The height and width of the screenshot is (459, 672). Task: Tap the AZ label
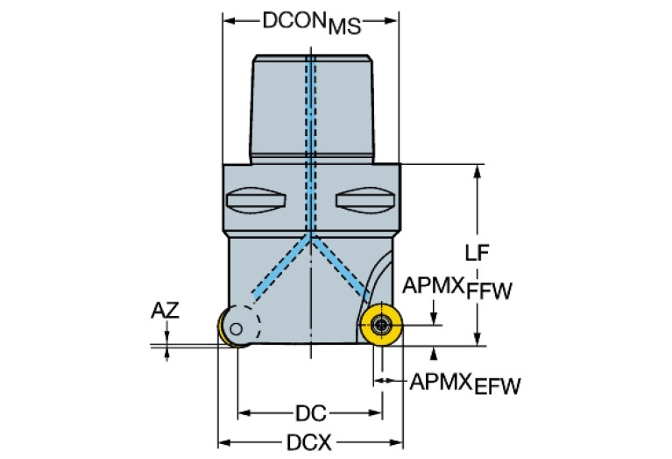pos(165,309)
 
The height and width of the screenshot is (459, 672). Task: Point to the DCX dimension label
pos(310,443)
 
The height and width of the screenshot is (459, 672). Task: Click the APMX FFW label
pos(456,288)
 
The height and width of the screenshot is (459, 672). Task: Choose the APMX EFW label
pos(464,384)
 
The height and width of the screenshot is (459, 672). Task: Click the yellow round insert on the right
pos(380,326)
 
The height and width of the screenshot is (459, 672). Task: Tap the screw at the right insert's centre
pos(380,326)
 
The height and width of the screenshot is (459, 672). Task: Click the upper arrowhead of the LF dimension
pos(477,169)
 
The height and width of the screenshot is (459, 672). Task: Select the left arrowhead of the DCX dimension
pos(223,442)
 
